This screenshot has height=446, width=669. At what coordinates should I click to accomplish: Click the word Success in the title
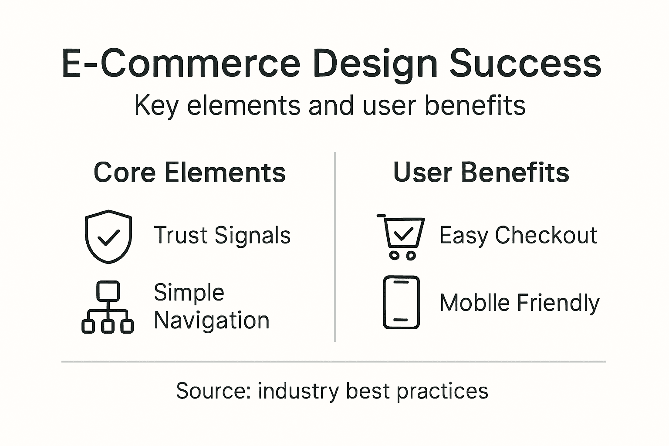point(525,64)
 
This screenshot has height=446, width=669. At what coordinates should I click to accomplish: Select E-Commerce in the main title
point(181,64)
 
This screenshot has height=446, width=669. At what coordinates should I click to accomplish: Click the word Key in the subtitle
point(156,106)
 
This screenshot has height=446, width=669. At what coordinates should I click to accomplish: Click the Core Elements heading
point(189,172)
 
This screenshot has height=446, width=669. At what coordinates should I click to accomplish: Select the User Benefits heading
point(481,172)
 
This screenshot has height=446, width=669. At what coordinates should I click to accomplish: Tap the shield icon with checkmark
point(108,237)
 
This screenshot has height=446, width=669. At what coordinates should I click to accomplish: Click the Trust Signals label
point(222,235)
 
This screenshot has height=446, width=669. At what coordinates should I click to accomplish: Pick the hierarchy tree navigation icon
point(108,307)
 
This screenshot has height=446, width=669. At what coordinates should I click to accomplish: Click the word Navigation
point(212,321)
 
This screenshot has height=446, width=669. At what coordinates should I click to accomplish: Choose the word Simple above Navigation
point(189,292)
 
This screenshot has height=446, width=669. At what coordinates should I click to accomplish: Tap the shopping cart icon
point(401,237)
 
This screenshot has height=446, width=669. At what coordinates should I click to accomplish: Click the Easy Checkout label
point(518,236)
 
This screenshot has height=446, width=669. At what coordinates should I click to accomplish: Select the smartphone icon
point(401,302)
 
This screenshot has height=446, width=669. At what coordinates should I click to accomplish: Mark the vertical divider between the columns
point(334,247)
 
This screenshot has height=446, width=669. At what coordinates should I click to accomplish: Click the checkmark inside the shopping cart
point(403,233)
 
